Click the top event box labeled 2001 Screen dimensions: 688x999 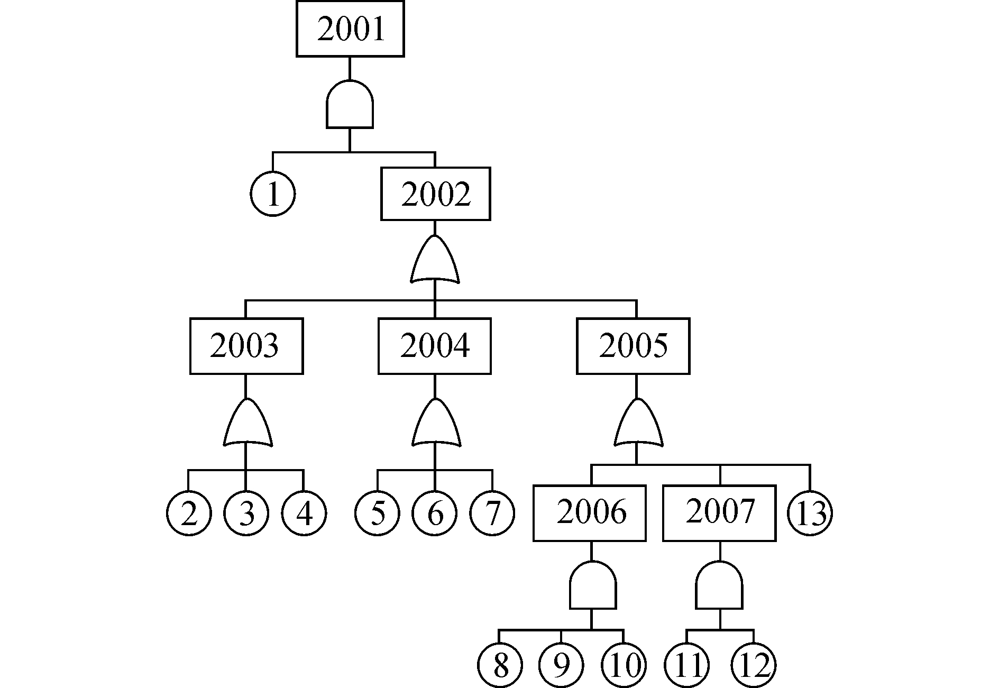350,29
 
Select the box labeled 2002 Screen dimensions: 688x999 436,194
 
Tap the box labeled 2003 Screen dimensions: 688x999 246,346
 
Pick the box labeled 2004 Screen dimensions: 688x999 435,346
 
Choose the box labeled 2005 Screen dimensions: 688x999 633,346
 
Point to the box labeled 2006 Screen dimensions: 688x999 590,513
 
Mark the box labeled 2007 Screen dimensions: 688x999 720,513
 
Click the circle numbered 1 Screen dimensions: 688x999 273,194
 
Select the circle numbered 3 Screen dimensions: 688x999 246,513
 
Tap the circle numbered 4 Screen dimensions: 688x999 304,513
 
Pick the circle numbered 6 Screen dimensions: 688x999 435,513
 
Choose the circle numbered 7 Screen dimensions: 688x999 492,513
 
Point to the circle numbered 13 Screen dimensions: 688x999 810,513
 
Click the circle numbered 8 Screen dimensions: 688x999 500,665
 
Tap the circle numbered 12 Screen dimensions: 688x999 754,665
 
